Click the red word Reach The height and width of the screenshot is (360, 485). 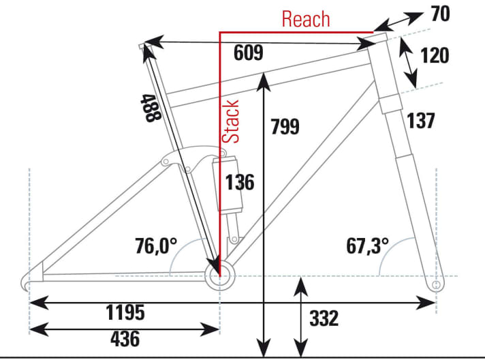[306, 19]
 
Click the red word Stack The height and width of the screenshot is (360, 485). [233, 123]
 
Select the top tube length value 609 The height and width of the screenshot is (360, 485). [247, 54]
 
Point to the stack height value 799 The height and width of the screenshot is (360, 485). [284, 127]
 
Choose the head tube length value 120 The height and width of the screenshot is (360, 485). [435, 55]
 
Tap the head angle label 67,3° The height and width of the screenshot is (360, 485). [367, 246]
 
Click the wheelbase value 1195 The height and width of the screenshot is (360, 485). [125, 312]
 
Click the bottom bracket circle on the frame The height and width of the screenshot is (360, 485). [219, 276]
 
